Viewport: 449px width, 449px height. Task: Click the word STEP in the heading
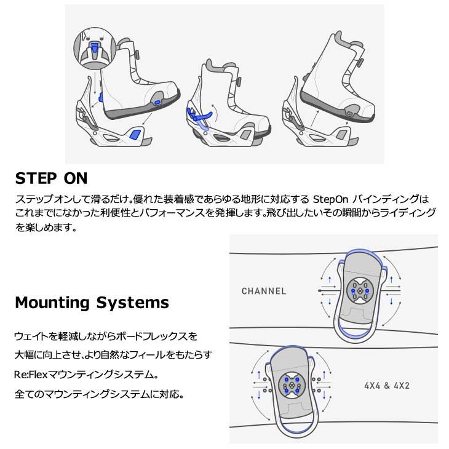[x=38, y=179]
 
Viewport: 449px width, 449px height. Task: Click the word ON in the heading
[x=77, y=179]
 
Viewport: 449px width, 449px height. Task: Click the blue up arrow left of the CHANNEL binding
[x=330, y=280]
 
